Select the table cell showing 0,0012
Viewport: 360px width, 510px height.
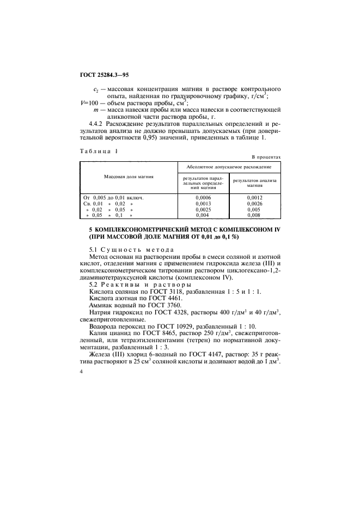[x=254, y=197]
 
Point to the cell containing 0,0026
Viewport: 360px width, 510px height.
[x=254, y=203]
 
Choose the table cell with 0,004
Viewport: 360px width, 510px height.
[x=202, y=215]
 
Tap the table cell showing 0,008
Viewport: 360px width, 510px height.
[x=254, y=215]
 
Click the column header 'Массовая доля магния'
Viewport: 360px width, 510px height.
[x=129, y=177]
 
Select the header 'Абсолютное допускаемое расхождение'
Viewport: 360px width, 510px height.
[x=229, y=166]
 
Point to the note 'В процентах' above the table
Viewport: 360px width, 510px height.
[x=265, y=156]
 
